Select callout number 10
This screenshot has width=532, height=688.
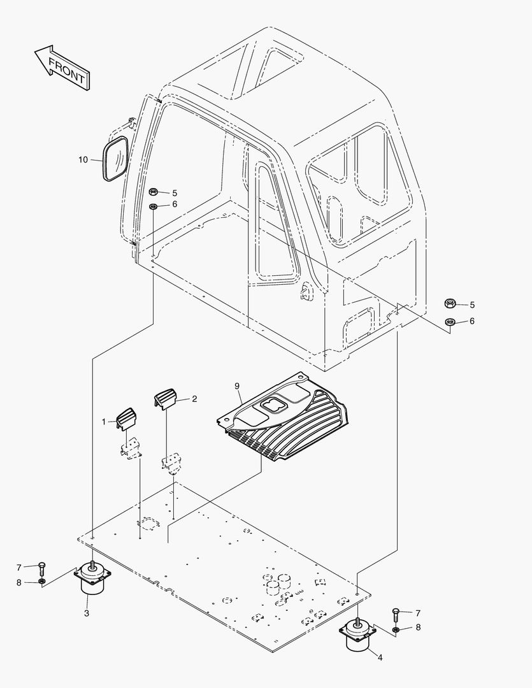(x=83, y=160)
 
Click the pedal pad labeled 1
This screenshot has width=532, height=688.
(x=127, y=419)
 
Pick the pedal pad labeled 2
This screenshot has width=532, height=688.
(x=165, y=400)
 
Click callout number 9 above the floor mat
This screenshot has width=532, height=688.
(x=236, y=386)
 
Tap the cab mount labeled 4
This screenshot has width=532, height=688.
(x=359, y=634)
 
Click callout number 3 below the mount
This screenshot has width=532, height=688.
(x=87, y=613)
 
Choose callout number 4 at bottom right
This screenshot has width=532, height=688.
(x=380, y=657)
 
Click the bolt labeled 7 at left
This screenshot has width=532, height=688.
(x=41, y=566)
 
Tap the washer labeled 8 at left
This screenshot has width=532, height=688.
(x=41, y=582)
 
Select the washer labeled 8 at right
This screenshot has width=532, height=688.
(x=396, y=629)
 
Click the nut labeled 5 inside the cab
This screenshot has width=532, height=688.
(x=154, y=192)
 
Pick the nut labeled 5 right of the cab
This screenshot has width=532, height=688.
(x=449, y=305)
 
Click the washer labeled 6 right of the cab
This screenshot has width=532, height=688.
(x=449, y=321)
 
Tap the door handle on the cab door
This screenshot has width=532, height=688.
(x=306, y=292)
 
